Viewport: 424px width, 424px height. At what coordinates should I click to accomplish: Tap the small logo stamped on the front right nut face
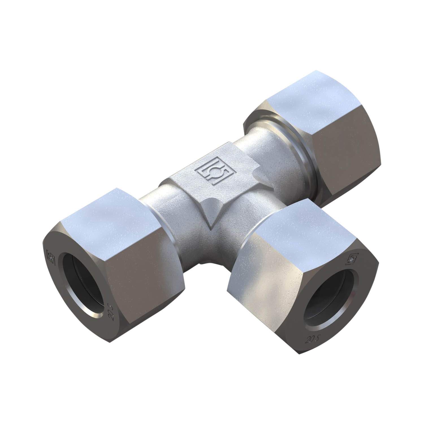coord(352,257)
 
